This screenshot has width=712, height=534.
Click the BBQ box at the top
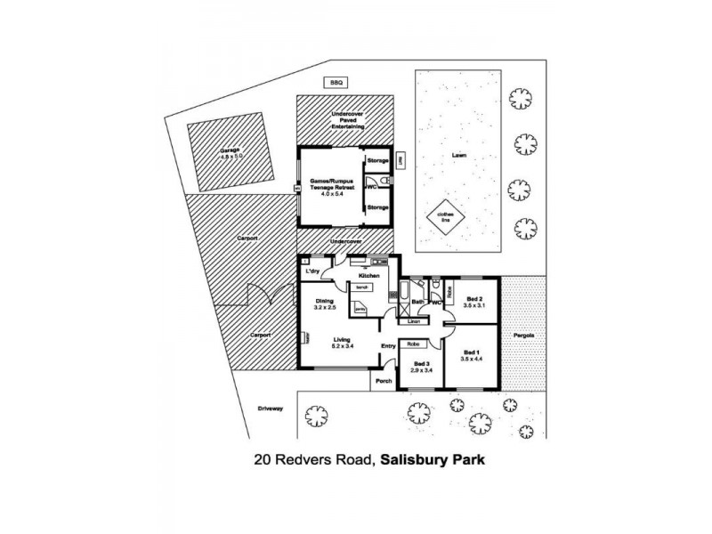tap(336, 83)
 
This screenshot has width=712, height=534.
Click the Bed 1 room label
tap(472, 357)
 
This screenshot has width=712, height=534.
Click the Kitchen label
tap(370, 276)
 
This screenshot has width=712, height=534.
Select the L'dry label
tap(312, 271)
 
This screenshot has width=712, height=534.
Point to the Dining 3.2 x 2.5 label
tap(325, 303)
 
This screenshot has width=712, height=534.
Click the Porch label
tap(384, 380)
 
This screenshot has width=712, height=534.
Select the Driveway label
tap(270, 409)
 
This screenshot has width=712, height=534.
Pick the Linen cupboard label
tap(414, 320)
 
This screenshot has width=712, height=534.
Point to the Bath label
tap(417, 303)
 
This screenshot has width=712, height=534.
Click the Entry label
tap(388, 346)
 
